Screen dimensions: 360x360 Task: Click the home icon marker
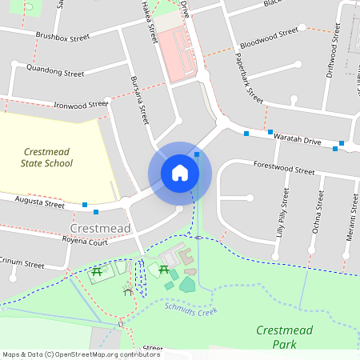point(179,173)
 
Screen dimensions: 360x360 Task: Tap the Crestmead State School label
point(47,158)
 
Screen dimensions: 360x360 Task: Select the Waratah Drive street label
point(296,140)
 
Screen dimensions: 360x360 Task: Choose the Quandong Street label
point(55,70)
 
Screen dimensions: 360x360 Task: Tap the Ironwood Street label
point(80,105)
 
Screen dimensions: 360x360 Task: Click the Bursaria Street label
point(139,101)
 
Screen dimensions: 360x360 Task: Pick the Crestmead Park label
point(284,337)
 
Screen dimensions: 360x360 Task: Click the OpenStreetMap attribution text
point(81,354)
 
